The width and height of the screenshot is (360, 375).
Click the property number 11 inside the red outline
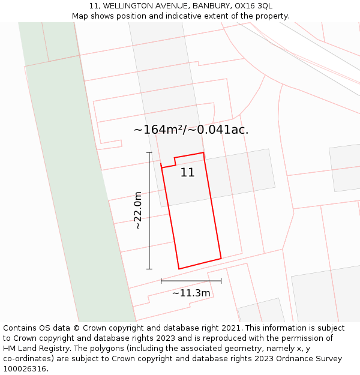[x=187, y=173]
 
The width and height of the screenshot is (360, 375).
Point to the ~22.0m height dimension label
[x=138, y=211]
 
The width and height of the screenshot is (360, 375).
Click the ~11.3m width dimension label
[x=191, y=293]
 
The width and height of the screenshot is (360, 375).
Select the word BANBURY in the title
[x=210, y=6]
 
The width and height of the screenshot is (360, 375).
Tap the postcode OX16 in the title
[x=245, y=6]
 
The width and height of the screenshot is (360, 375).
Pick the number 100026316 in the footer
[x=25, y=369]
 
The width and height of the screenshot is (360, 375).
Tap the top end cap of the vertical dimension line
[x=149, y=152]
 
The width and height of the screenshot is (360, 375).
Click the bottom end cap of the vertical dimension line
[x=149, y=269]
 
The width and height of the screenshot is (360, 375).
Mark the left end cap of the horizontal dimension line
[x=161, y=280]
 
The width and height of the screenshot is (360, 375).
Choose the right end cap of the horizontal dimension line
[x=221, y=280]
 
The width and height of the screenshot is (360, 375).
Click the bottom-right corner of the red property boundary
[x=221, y=259]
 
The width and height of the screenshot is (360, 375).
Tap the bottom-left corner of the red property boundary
[x=179, y=269]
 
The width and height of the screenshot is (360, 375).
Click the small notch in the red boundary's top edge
[x=175, y=161]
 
